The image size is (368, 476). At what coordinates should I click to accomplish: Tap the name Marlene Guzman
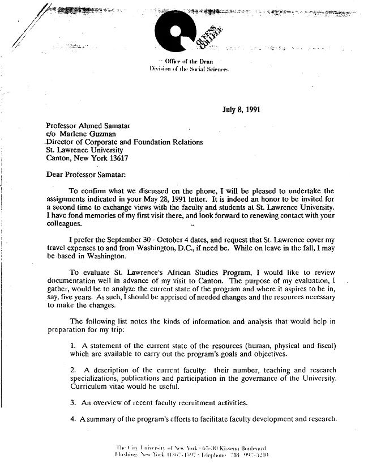click(x=86, y=134)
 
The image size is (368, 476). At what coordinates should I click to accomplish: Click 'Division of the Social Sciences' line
click(x=187, y=69)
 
